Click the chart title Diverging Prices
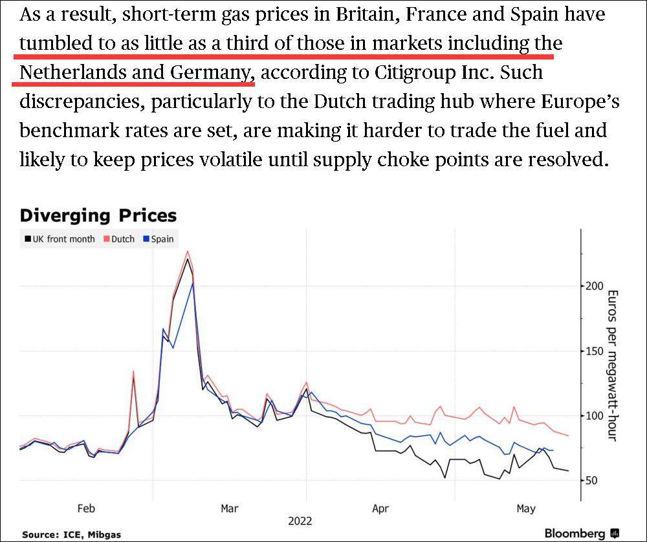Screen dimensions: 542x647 coord(98,215)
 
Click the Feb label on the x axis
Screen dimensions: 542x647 coord(86,508)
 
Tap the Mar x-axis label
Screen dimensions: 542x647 coord(230,508)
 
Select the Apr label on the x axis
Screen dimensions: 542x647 coord(380,508)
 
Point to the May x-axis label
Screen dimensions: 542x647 coord(526,508)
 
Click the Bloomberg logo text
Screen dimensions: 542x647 coord(575,534)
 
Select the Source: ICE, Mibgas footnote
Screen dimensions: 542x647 coord(71,535)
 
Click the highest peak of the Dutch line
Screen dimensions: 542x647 coord(187,251)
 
